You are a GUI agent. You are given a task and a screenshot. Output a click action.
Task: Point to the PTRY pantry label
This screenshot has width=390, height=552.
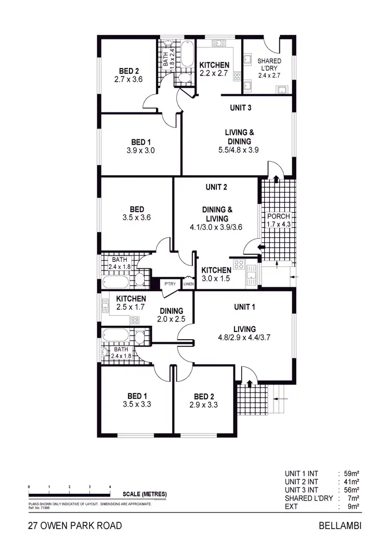click(x=170, y=284)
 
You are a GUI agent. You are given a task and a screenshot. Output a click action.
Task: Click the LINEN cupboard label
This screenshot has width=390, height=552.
click(x=188, y=284)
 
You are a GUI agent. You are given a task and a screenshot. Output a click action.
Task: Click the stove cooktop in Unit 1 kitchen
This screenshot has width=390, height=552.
click(x=134, y=320)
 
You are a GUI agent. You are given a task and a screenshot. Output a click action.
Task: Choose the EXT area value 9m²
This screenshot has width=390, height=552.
click(x=354, y=506)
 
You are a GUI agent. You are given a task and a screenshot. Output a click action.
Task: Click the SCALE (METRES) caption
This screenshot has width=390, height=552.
click(x=145, y=494)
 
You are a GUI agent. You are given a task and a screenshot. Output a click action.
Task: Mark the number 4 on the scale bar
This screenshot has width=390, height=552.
click(x=110, y=486)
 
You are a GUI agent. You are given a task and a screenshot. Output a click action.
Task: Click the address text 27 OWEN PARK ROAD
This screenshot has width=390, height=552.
click(x=75, y=526)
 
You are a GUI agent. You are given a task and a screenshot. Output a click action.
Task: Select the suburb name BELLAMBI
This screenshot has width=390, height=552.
click(x=339, y=526)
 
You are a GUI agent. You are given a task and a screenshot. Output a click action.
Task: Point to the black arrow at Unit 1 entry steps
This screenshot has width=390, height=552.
click(x=249, y=384)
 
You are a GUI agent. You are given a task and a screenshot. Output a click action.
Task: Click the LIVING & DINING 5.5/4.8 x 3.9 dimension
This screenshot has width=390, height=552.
click(x=239, y=149)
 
